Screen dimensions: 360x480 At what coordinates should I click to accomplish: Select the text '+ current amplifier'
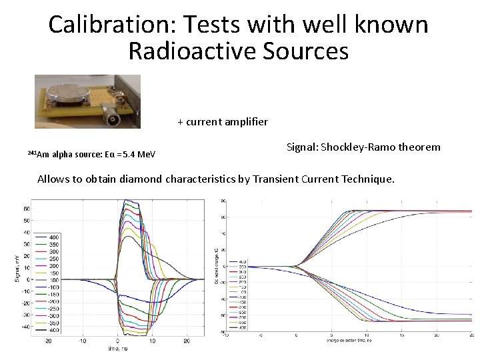(x=223, y=121)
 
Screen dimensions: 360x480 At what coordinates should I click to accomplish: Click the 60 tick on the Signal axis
(x=26, y=209)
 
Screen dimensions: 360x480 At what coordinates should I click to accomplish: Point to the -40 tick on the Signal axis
(x=25, y=327)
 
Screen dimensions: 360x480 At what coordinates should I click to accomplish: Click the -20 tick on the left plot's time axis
(x=49, y=341)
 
